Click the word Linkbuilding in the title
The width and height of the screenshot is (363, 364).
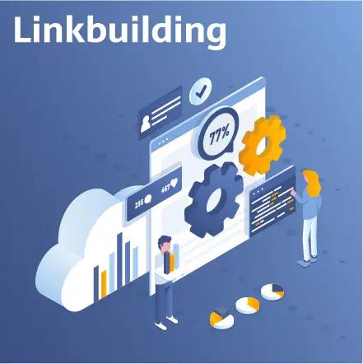coord(120,30)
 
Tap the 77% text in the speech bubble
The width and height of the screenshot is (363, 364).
coord(219,135)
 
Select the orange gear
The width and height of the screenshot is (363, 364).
coord(262,145)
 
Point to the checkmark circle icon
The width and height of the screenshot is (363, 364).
coord(201,91)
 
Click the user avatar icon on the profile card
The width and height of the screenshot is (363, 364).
coord(145,124)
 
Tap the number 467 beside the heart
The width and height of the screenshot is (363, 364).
coord(165,189)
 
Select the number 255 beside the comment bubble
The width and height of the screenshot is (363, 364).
coord(139,203)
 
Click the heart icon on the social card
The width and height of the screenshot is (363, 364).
coord(174,182)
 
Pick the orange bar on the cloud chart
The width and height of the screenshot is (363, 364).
coord(104,284)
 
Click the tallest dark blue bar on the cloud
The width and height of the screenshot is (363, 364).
coord(119,260)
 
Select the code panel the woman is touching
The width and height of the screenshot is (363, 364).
coord(272,202)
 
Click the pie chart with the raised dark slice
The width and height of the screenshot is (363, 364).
coord(221,317)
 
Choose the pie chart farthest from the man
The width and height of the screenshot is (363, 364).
coord(272,292)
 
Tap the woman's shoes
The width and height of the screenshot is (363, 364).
coord(307,261)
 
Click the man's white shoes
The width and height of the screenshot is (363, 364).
coord(166,323)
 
